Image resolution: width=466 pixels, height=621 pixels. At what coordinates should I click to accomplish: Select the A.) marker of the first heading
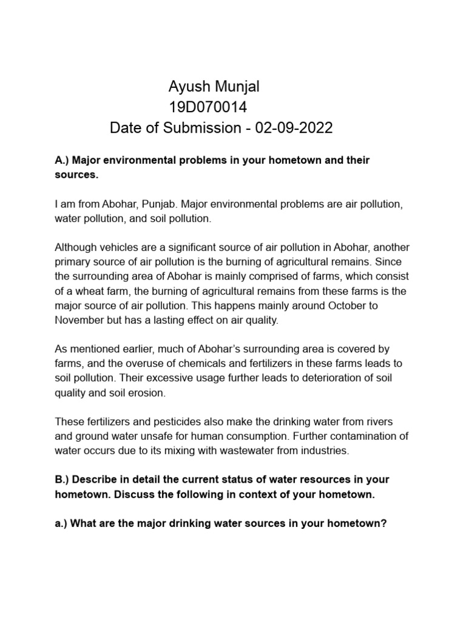[x=62, y=160]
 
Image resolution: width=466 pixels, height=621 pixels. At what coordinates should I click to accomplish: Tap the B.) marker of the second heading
[x=62, y=479]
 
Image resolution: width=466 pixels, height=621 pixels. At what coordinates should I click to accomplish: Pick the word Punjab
[x=157, y=204]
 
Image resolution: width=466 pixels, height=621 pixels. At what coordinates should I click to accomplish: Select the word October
[x=336, y=306]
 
